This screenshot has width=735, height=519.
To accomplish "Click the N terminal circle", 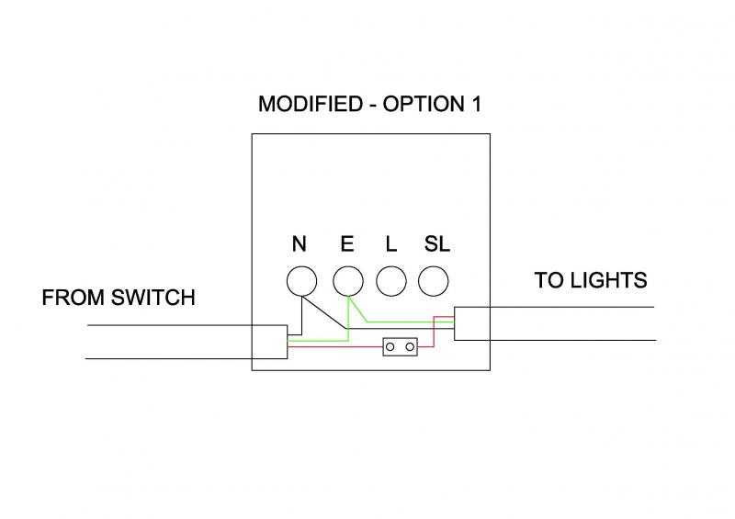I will pyautogui.click(x=300, y=282).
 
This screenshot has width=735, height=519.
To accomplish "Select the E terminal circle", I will pyautogui.click(x=346, y=282).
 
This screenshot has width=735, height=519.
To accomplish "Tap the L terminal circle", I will pyautogui.click(x=390, y=282).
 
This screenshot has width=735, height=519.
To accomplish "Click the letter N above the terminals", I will pyautogui.click(x=300, y=244).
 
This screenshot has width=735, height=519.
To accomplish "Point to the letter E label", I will pyautogui.click(x=346, y=244).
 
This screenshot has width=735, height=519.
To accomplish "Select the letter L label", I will pyautogui.click(x=390, y=244).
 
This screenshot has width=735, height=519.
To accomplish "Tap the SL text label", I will pyautogui.click(x=436, y=244).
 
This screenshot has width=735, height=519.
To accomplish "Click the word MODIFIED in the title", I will pyautogui.click(x=311, y=104).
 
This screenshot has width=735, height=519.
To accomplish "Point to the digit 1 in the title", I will pyautogui.click(x=476, y=104).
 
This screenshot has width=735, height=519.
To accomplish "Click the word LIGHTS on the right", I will pyautogui.click(x=616, y=280).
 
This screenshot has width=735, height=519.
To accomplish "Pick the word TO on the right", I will pyautogui.click(x=552, y=280).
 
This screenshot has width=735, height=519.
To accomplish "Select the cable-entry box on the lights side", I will pyautogui.click(x=472, y=324).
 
